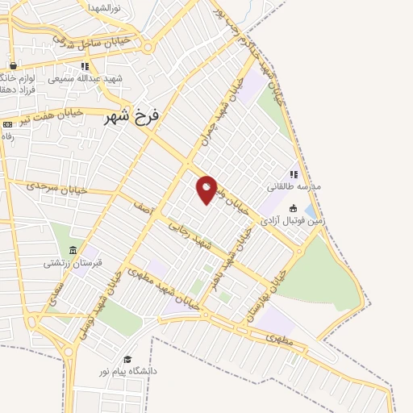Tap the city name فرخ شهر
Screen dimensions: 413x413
click(132, 116)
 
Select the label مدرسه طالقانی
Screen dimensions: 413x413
click(294, 186)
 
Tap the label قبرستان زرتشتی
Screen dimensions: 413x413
click(73, 262)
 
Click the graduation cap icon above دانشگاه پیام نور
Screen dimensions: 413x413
click(127, 359)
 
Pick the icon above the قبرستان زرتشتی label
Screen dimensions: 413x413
click(73, 250)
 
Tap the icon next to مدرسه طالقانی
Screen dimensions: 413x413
click(294, 173)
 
